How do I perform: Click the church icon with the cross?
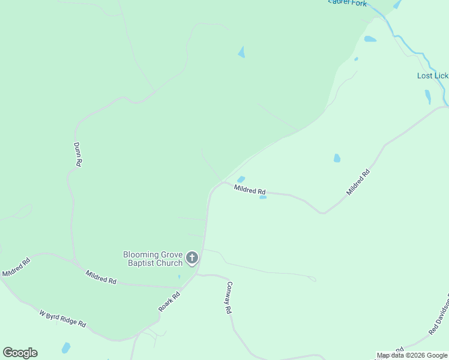pyautogui.click(x=192, y=258)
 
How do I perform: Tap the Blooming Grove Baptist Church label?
pyautogui.click(x=152, y=259)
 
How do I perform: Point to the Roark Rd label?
pyautogui.click(x=169, y=301)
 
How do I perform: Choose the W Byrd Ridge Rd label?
pyautogui.click(x=62, y=318)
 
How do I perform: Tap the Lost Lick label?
pyautogui.click(x=432, y=76)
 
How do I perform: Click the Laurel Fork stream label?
pyautogui.click(x=348, y=2)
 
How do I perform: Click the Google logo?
pyautogui.click(x=20, y=353)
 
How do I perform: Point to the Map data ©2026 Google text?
pyautogui.click(x=412, y=355)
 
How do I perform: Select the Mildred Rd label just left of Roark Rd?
pyautogui.click(x=101, y=277)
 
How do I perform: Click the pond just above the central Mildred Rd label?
pyautogui.click(x=241, y=179)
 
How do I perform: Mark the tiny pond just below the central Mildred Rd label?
pyautogui.click(x=263, y=197)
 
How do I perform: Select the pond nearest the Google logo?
pyautogui.click(x=65, y=347)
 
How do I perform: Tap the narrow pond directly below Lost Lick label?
pyautogui.click(x=427, y=97)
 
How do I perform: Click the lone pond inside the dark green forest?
pyautogui.click(x=241, y=52)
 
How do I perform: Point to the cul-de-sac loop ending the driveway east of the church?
pyautogui.click(x=312, y=278)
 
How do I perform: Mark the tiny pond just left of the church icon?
pyautogui.click(x=179, y=277)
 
